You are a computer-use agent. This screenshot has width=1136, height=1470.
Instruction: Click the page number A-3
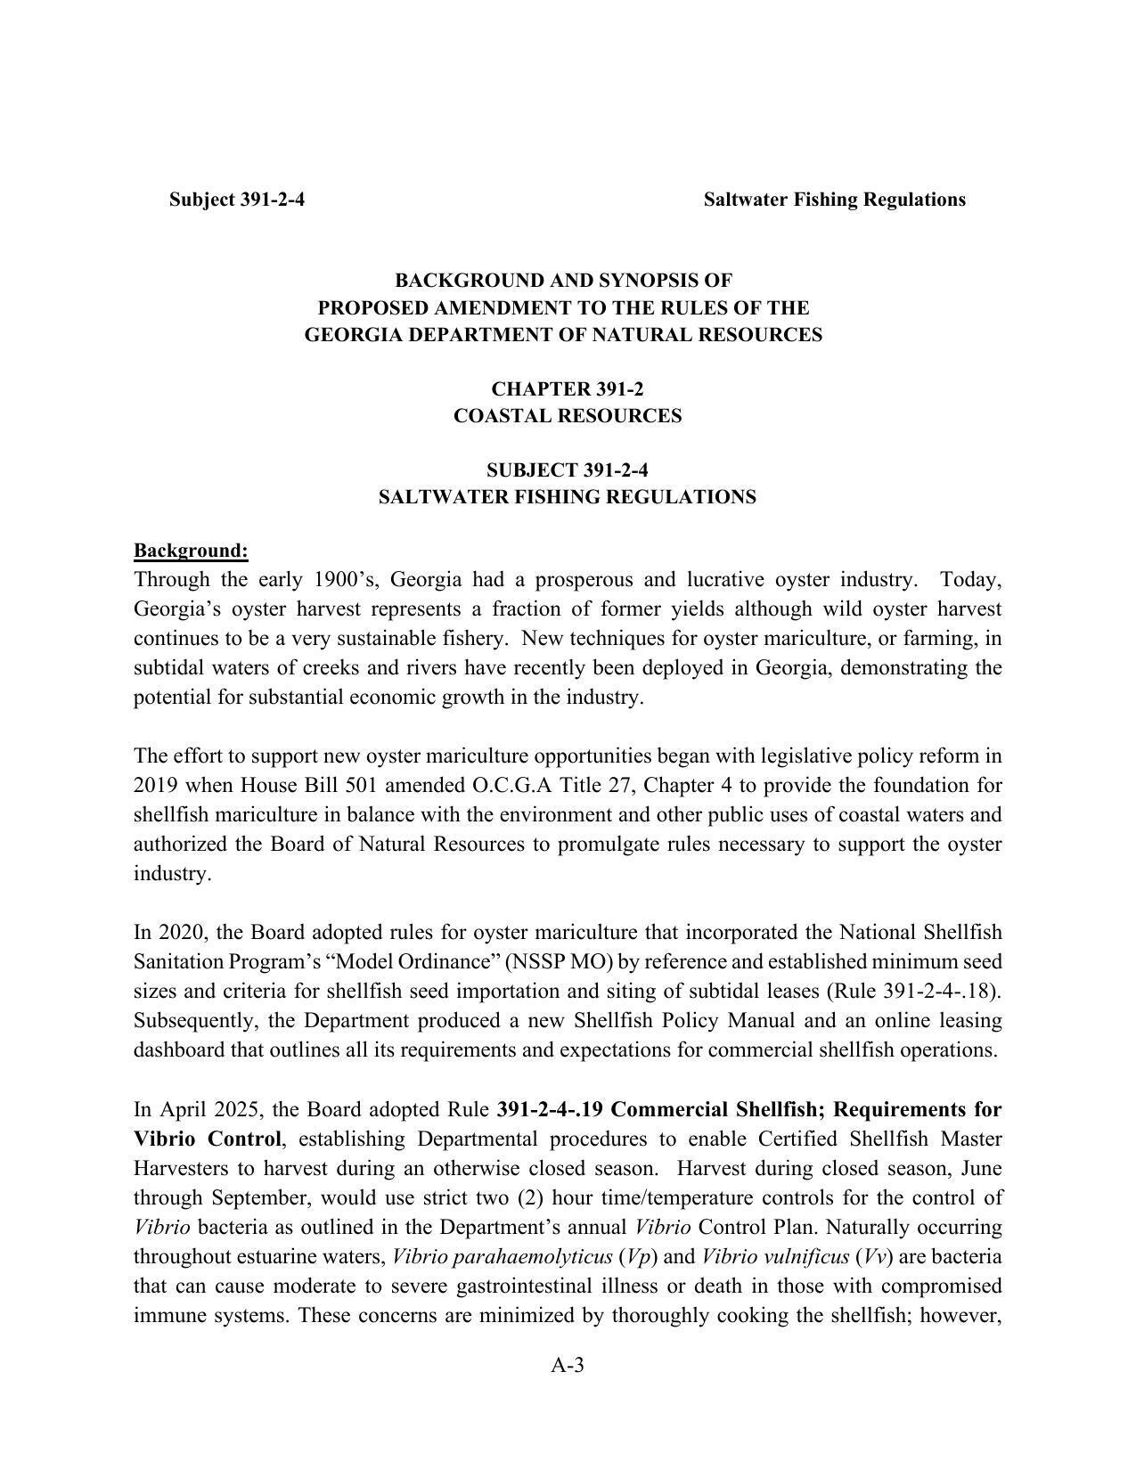(x=568, y=1365)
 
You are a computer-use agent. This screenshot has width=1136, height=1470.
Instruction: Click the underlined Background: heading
(x=191, y=551)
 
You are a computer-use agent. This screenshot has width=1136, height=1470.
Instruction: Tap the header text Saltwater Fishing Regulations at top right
(x=834, y=200)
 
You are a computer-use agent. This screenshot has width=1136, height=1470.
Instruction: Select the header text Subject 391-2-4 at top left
(x=237, y=200)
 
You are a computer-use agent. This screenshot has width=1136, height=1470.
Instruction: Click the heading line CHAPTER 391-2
(x=568, y=389)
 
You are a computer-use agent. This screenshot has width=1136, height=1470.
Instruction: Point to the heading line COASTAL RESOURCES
(x=568, y=416)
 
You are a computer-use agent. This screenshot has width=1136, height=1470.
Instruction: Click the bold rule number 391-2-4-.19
(x=551, y=1110)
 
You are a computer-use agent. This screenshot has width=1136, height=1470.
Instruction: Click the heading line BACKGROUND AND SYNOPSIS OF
(x=563, y=281)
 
